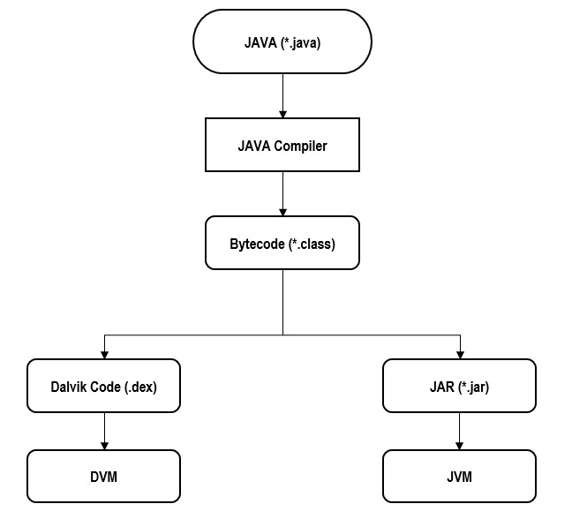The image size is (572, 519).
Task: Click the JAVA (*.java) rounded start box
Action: tap(282, 41)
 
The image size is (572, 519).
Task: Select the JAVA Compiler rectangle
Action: tap(282, 146)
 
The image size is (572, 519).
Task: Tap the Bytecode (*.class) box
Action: tap(282, 243)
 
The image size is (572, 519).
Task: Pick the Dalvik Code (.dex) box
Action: tap(104, 386)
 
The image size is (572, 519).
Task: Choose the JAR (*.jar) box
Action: tap(459, 386)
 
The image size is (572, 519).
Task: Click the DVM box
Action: tap(104, 477)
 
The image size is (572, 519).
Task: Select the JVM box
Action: tap(459, 477)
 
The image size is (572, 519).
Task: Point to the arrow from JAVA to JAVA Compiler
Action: tap(282, 95)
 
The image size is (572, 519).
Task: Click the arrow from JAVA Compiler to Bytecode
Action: tap(282, 193)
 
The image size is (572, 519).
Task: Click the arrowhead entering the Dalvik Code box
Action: tap(104, 354)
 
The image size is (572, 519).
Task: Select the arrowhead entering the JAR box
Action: tap(459, 354)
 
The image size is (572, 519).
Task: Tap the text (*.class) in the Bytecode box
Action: tap(311, 243)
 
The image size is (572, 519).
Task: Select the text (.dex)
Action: tap(139, 386)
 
